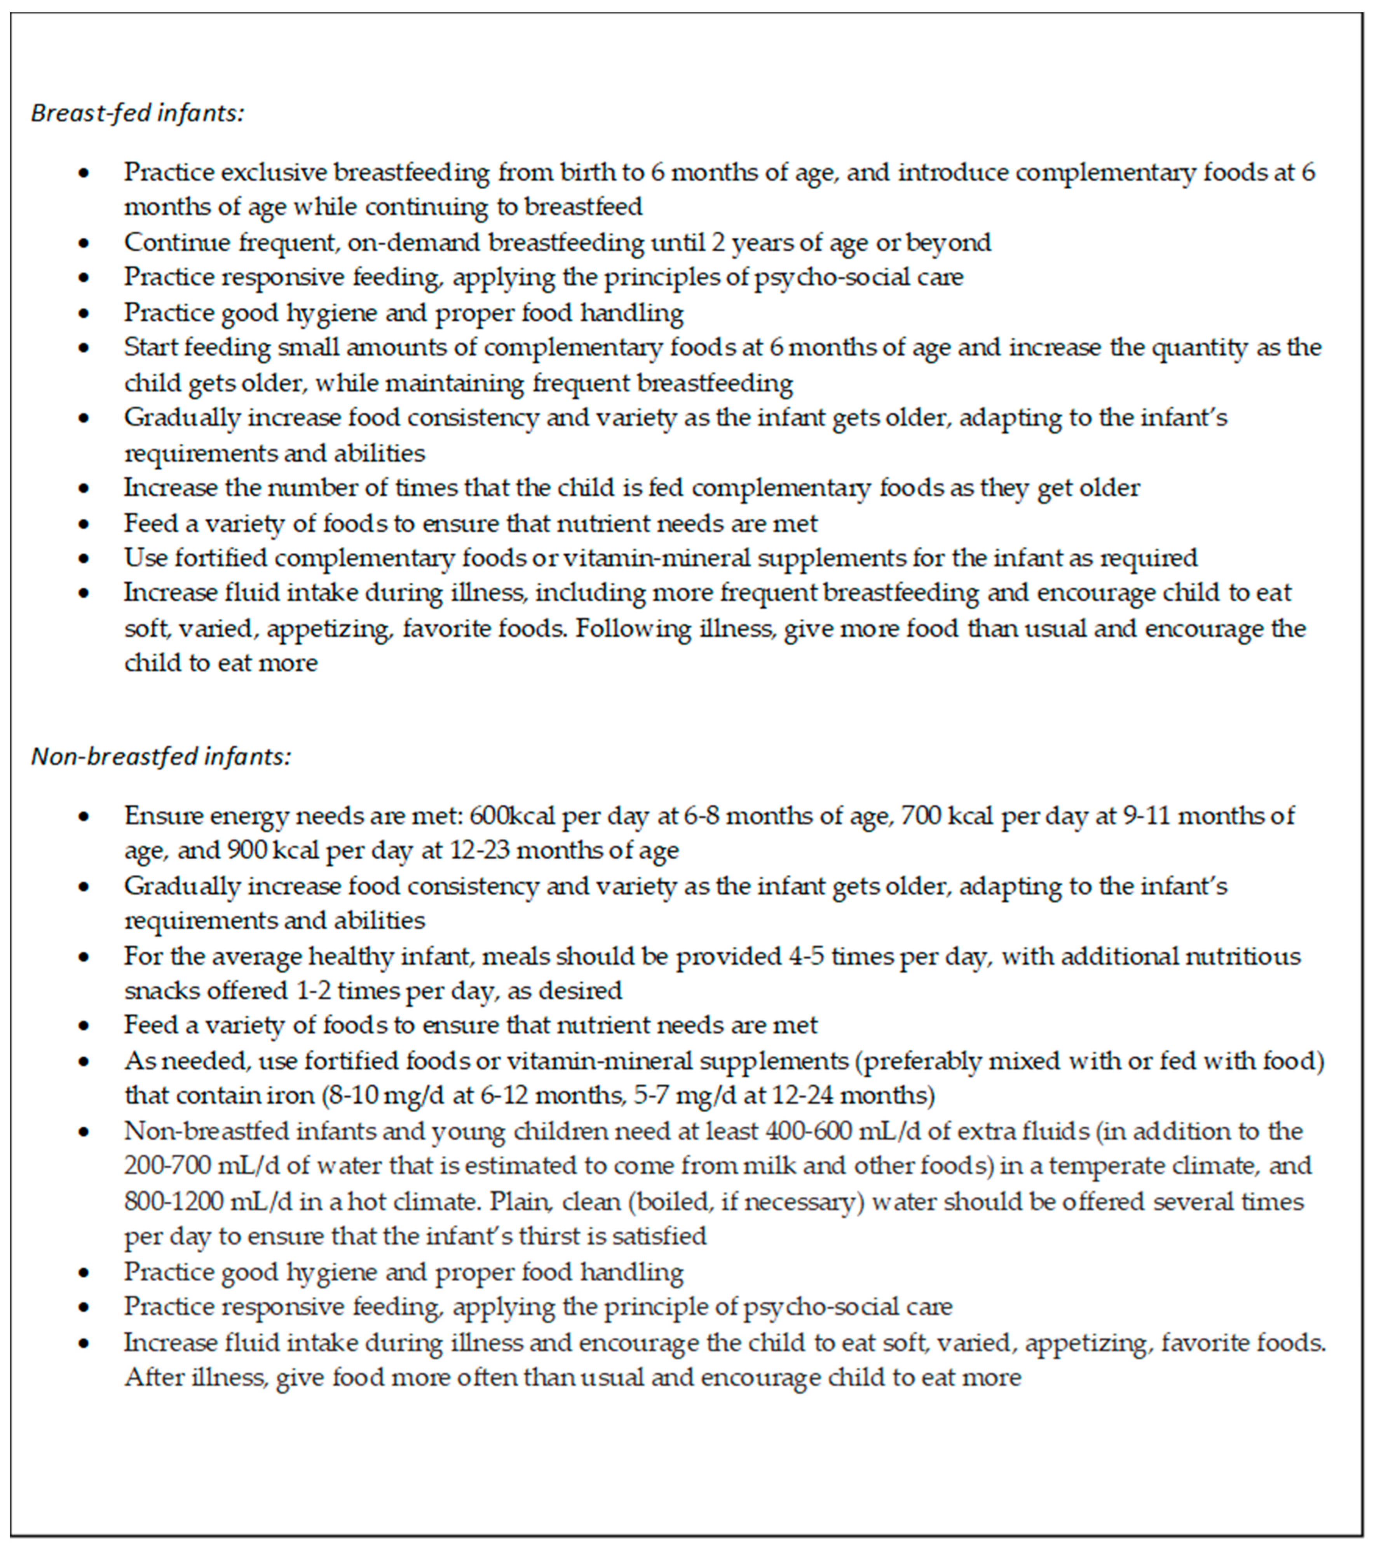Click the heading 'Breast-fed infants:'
[x=138, y=113]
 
